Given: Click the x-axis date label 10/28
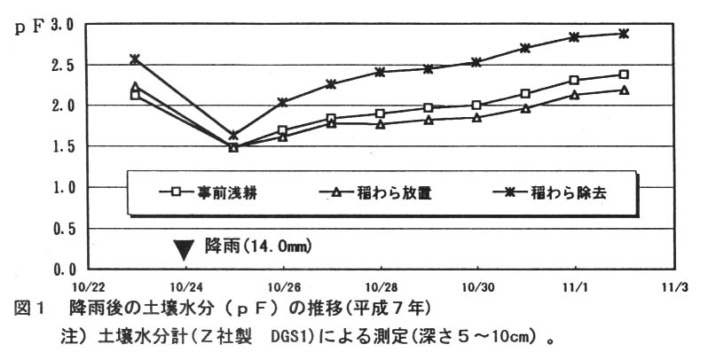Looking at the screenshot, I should click(381, 286).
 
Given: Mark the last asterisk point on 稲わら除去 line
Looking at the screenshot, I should click(625, 34).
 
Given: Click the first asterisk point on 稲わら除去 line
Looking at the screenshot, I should click(135, 59).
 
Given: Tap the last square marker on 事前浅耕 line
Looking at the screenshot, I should click(625, 74).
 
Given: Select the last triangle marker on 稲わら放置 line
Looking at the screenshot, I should click(625, 90).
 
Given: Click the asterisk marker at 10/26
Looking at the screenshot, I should click(283, 102).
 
